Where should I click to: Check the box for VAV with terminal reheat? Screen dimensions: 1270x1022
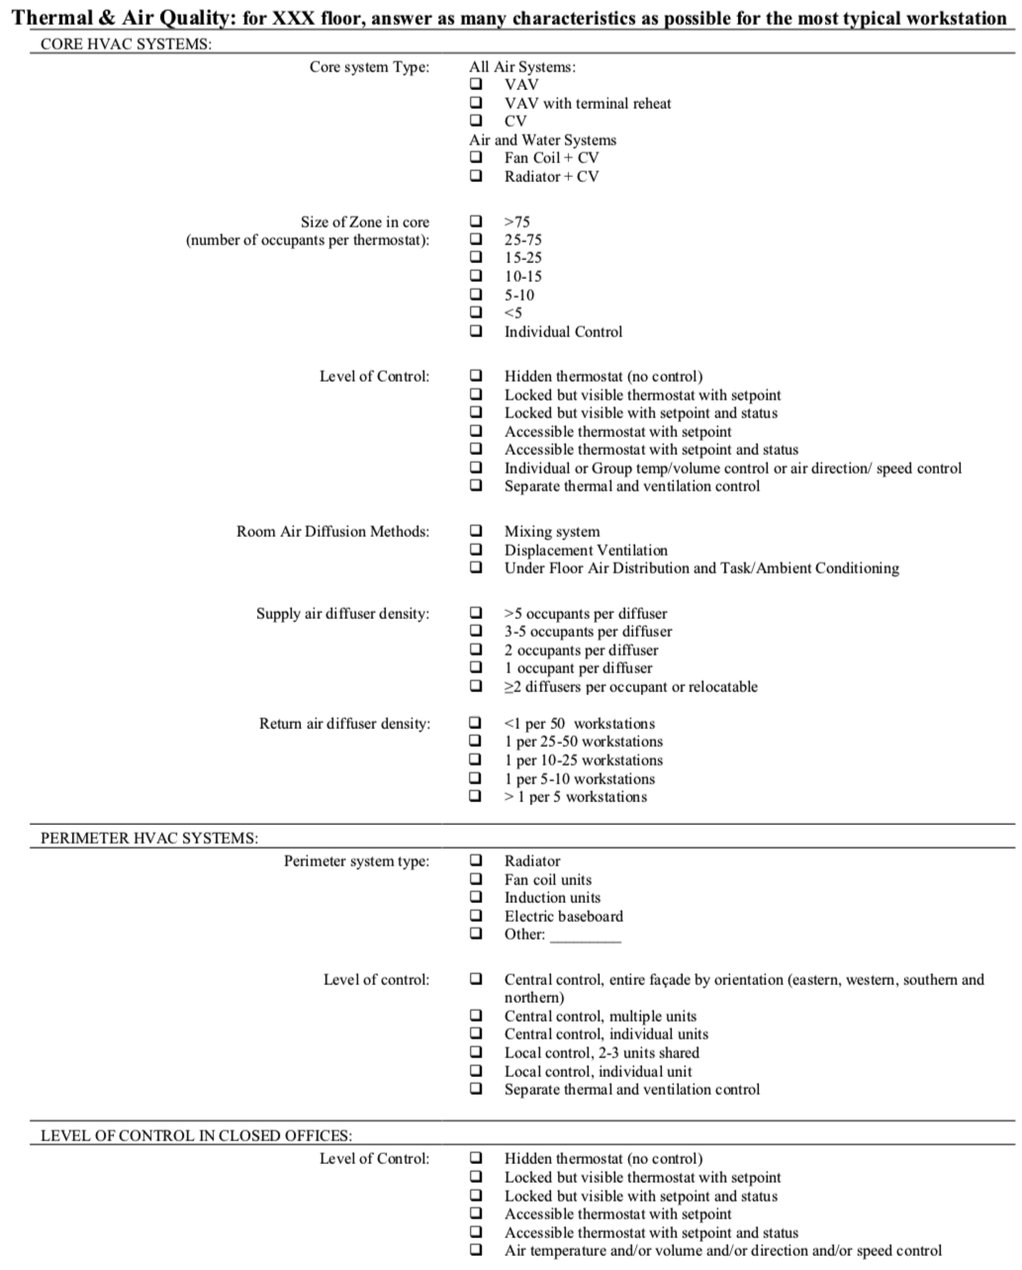point(476,103)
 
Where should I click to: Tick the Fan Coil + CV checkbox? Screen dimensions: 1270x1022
point(476,157)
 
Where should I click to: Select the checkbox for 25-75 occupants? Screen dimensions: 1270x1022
point(476,239)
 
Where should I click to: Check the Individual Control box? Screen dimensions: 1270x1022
point(476,331)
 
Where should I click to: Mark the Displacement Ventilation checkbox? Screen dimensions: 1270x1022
point(476,549)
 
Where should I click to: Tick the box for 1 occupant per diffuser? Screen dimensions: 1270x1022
point(476,667)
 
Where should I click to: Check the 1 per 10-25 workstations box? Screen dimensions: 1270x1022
point(475,759)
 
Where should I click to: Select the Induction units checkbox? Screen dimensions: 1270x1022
point(476,897)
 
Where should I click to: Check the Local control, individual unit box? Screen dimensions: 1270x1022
point(476,1071)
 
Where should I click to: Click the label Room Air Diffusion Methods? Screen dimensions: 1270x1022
point(333,531)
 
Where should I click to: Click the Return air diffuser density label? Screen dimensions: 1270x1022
point(345,723)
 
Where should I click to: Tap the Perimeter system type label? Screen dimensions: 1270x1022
point(356,861)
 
